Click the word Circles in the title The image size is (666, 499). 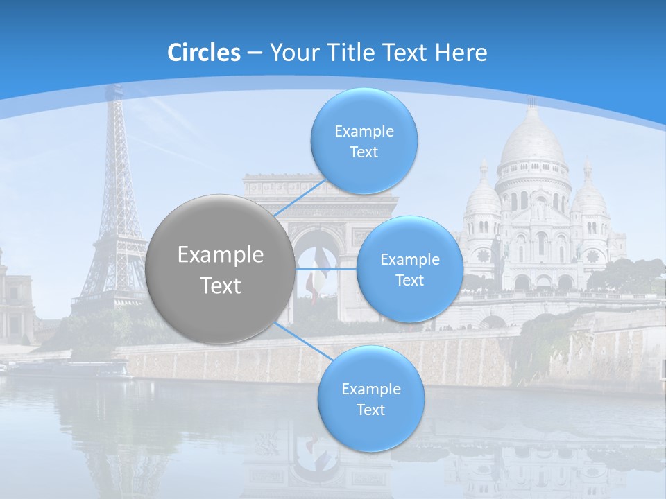click(x=203, y=52)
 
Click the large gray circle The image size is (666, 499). click(x=220, y=269)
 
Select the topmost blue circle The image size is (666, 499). click(x=364, y=141)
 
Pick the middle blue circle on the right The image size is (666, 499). click(x=409, y=269)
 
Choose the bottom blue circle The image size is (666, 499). click(x=370, y=399)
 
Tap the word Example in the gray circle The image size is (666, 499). click(x=220, y=255)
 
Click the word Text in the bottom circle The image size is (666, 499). click(x=370, y=410)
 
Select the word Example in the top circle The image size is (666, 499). click(x=364, y=131)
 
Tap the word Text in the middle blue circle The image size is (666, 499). click(x=409, y=280)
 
